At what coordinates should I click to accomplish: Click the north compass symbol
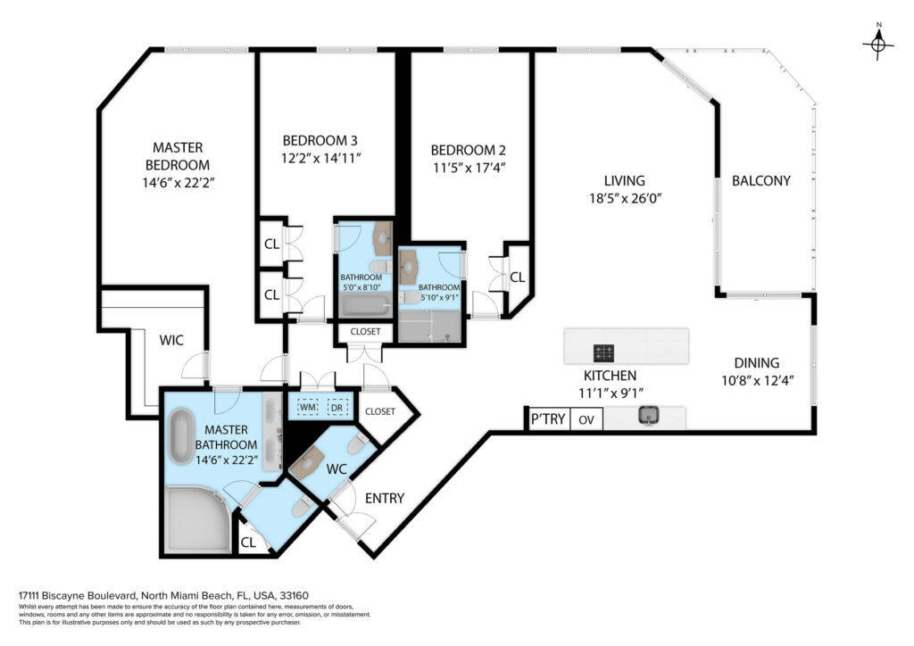878,43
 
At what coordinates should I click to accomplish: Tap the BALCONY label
760,180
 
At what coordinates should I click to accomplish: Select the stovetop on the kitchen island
603,352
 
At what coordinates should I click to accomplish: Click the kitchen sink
648,416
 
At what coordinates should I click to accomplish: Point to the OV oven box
586,419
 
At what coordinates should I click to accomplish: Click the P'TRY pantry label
548,418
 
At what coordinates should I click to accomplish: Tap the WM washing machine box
308,407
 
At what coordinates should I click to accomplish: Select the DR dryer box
337,407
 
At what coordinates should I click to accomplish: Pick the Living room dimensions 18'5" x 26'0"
625,199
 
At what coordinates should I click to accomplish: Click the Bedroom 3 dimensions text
321,158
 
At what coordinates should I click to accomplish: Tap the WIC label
171,340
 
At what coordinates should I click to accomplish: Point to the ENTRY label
384,498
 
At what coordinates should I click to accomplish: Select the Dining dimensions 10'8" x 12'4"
758,381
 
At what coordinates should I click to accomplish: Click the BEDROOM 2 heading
468,150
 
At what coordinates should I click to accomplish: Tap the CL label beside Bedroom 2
517,277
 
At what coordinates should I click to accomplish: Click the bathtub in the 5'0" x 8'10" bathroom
365,305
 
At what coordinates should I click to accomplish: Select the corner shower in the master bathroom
197,519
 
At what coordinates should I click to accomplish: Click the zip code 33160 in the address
295,595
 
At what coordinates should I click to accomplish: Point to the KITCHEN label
610,376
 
